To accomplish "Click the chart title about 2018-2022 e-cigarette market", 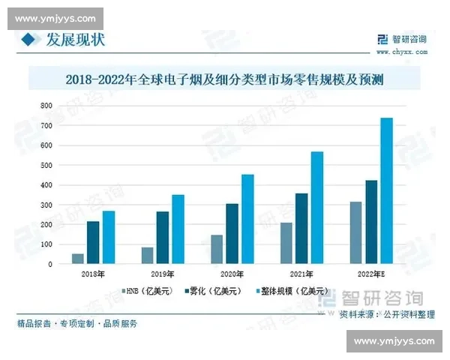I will (x=224, y=77).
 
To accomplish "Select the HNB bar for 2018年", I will (x=78, y=259).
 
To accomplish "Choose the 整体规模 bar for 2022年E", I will (x=386, y=190).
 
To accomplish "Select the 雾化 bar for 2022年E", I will (x=370, y=222).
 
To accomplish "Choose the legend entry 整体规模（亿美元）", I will (x=292, y=291).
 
